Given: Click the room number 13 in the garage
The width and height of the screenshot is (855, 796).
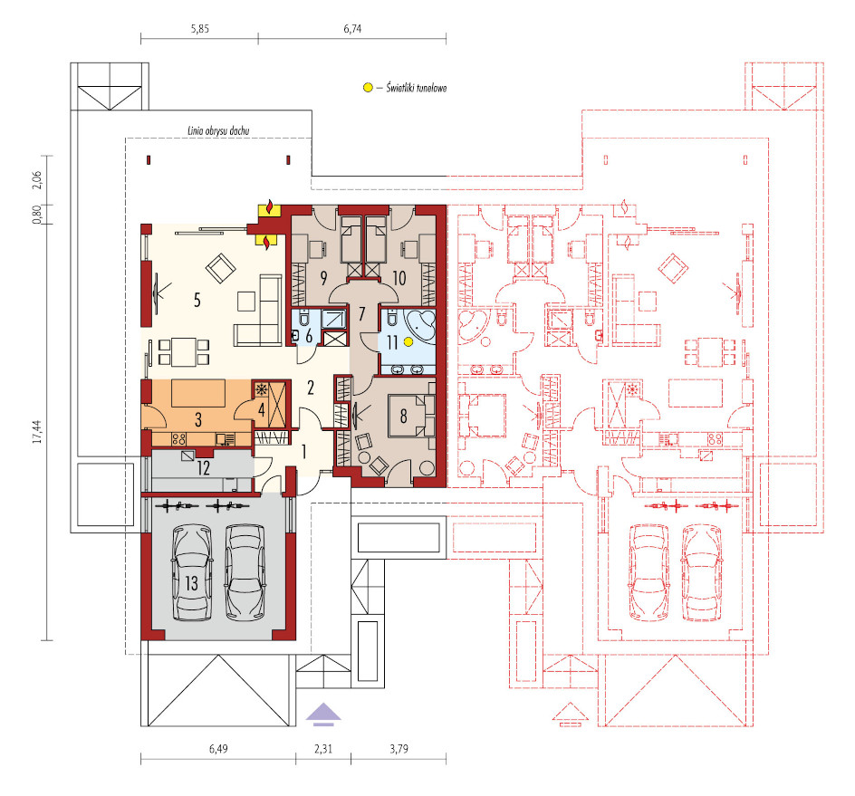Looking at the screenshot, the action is [191, 583].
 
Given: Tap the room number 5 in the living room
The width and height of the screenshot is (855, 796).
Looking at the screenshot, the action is [197, 300].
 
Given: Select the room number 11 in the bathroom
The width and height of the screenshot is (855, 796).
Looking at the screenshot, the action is [392, 342].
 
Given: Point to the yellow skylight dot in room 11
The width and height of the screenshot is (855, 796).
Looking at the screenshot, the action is [408, 341].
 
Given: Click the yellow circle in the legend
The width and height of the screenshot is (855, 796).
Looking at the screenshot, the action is [368, 87].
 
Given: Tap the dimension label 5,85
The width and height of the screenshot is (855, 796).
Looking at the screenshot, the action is [200, 29].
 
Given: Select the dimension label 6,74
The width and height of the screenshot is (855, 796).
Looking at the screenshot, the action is [352, 29].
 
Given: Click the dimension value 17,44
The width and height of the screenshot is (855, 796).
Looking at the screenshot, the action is [38, 431].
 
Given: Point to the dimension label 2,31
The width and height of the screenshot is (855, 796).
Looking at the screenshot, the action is [323, 749].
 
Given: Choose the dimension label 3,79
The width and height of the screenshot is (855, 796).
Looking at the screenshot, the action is [399, 749].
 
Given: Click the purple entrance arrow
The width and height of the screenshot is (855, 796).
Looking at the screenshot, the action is [323, 714].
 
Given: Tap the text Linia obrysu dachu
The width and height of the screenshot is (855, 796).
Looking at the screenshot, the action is [218, 130].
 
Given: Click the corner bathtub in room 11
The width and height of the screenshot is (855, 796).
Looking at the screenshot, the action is [419, 325].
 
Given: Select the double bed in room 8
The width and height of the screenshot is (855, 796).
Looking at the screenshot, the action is [411, 416].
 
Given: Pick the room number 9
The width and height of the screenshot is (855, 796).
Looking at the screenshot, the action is [323, 278].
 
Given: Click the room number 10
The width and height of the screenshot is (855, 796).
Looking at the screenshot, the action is [399, 278].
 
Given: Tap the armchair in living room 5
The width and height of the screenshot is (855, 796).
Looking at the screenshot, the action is [220, 268].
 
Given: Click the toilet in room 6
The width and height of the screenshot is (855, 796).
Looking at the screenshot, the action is [304, 317].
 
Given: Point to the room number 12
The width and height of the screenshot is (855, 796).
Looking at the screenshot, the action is [204, 468].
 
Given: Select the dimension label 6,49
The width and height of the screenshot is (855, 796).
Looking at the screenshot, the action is [218, 749].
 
